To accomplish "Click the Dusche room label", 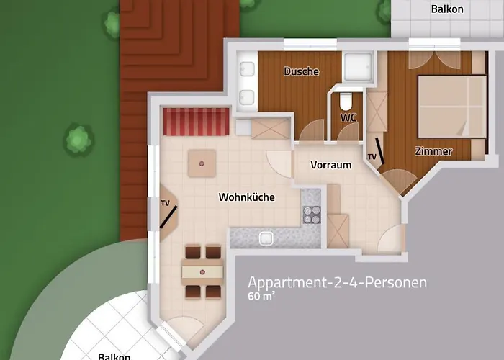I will click(x=301, y=71).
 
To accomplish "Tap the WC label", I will click(x=348, y=117).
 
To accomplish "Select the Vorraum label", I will click(x=330, y=165).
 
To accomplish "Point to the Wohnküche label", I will click(x=246, y=197).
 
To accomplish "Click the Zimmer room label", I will click(x=433, y=151).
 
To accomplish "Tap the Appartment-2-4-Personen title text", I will click(x=337, y=282).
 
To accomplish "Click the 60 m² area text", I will click(x=263, y=297).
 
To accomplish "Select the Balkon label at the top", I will click(x=446, y=10).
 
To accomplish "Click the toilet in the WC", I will click(x=346, y=99).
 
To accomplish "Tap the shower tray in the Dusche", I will click(x=357, y=66).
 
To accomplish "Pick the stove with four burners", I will click(x=312, y=214).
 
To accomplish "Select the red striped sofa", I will click(x=196, y=121).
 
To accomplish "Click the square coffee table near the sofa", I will click(x=202, y=164).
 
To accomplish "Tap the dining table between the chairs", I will click(x=202, y=271).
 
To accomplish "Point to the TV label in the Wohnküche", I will click(x=165, y=203).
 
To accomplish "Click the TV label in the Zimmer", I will click(x=372, y=156).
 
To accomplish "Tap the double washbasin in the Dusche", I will click(x=247, y=82).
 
